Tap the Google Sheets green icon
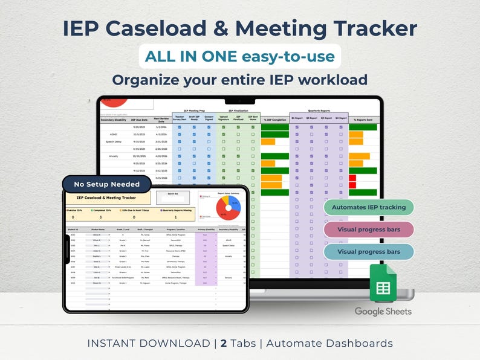383,284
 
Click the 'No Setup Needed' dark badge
106,184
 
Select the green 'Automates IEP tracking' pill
368,207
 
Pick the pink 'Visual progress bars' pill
368,230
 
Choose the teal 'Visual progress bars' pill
368,251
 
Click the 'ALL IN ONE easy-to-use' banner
240,57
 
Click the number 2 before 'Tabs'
224,343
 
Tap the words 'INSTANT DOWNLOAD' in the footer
148,343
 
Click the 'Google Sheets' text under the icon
383,312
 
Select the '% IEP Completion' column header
275,120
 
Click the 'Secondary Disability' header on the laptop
114,120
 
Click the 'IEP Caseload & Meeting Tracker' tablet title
106,198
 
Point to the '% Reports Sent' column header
363,120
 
